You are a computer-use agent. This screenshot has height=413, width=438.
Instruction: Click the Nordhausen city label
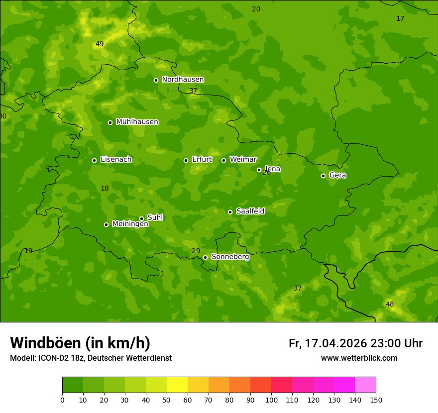coord(183,80)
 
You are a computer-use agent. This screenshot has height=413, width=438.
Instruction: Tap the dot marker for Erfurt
coord(186,160)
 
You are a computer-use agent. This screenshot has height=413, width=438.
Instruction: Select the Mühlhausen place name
coord(137,122)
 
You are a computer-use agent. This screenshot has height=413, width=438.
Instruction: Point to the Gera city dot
coord(323,176)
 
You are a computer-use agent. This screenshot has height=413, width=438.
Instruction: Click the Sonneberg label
coord(230,257)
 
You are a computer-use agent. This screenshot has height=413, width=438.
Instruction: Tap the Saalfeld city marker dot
coord(230,212)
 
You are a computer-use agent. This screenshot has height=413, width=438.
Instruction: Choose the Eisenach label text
coord(116,160)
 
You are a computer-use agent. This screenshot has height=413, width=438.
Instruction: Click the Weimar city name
coord(243,160)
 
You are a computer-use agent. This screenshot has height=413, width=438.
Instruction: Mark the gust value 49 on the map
coord(100,44)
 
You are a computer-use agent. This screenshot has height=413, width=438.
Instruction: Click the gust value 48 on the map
coord(390,305)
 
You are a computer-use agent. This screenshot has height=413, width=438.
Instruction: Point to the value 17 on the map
coord(400,19)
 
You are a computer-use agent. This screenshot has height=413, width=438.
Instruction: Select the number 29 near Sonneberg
coord(196,251)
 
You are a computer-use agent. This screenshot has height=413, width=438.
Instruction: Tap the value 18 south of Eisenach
coord(105,189)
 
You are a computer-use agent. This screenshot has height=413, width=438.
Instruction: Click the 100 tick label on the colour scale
coord(271,400)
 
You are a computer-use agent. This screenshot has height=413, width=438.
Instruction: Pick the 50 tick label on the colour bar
coord(167,400)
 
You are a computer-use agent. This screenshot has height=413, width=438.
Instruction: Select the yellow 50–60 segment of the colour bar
coord(177,385)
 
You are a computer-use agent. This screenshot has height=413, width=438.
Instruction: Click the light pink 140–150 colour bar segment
coord(365,385)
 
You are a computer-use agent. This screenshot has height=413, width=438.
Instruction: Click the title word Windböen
coord(46,343)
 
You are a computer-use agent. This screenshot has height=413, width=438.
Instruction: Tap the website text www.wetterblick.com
coord(359,358)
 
